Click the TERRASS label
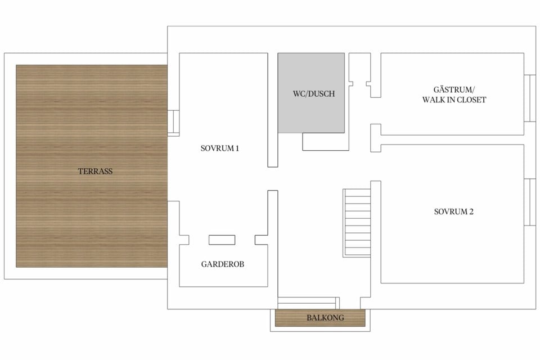[x=95, y=171]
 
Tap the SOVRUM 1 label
[x=220, y=148]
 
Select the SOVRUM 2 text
[x=453, y=211]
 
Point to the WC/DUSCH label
[x=314, y=94]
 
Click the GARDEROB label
[x=223, y=264]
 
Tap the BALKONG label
[x=325, y=318]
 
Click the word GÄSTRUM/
[x=454, y=89]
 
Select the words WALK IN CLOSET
[x=454, y=100]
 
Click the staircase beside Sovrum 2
[x=357, y=223]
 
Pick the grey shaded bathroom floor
[x=311, y=93]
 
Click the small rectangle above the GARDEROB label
[x=222, y=240]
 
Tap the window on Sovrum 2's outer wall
[x=530, y=202]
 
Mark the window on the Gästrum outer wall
[x=530, y=98]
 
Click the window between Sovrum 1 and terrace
[x=173, y=123]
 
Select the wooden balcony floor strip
[x=320, y=318]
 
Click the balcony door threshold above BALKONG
[x=309, y=303]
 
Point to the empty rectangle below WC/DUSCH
[x=326, y=142]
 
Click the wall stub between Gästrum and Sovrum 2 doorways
[x=376, y=138]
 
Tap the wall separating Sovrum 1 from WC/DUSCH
[x=273, y=110]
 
